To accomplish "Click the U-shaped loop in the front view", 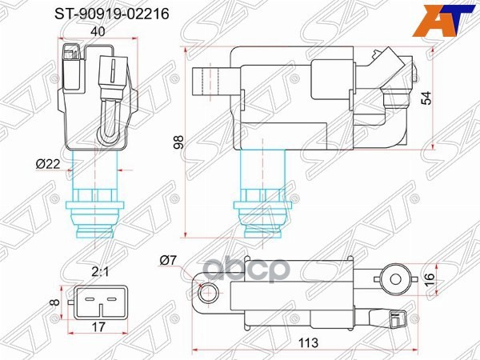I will [106, 123].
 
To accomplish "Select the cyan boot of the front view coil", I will [96, 208].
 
